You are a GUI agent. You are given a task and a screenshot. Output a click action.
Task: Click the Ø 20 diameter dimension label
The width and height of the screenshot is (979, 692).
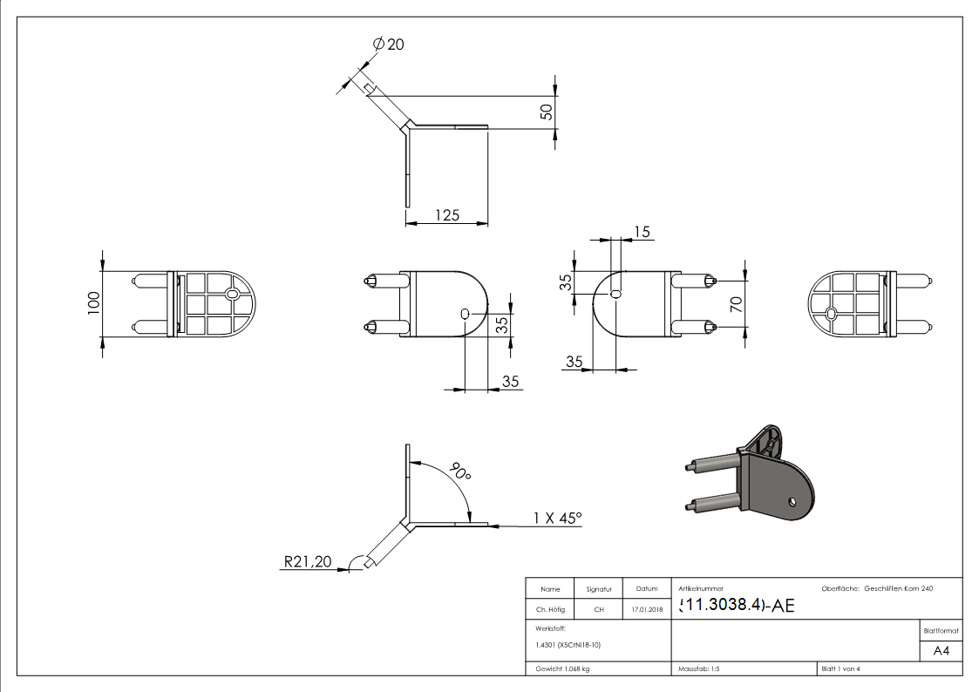[389, 44]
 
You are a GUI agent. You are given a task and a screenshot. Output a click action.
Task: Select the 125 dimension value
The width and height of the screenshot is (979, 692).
[446, 214]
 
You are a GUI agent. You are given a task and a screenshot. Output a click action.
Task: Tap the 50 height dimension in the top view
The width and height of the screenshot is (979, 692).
[547, 112]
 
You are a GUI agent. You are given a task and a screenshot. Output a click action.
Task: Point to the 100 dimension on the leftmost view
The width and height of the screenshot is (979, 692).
[94, 303]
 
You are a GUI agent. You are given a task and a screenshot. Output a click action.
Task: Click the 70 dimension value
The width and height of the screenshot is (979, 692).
[736, 304]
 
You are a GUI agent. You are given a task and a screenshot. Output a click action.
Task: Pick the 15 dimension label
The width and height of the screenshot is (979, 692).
[642, 231]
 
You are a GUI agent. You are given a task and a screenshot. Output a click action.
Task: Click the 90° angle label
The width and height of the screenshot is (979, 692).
[459, 472]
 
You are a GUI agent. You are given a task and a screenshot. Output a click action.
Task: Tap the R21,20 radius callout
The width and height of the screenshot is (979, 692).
[308, 562]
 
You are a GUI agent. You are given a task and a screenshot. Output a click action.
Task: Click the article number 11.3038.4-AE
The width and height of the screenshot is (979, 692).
[736, 606]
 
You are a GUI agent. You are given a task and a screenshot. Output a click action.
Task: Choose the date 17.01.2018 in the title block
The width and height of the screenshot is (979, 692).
[646, 610]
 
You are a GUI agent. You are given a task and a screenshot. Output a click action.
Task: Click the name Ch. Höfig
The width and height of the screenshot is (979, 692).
[550, 610]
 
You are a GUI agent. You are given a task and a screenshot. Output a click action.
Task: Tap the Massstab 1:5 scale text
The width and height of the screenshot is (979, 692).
[698, 668]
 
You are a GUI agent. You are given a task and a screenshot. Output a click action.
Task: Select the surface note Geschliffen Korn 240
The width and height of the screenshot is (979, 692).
[898, 589]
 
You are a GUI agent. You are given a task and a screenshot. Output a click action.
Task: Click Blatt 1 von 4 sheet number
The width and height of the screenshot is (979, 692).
[840, 668]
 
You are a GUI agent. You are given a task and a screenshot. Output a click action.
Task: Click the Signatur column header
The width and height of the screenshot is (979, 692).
[599, 589]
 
